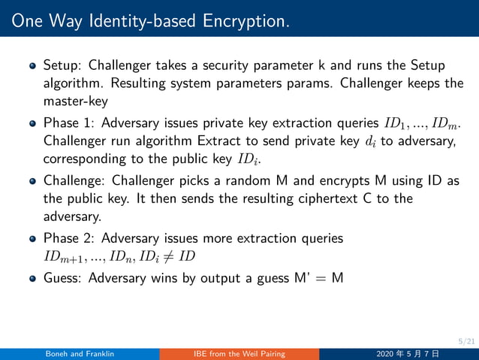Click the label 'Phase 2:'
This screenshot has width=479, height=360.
tap(67, 239)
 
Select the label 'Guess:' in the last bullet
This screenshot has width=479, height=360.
tap(63, 277)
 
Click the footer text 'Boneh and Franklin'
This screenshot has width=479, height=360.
tap(79, 354)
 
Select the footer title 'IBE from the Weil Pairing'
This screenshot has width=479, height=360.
tap(239, 354)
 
